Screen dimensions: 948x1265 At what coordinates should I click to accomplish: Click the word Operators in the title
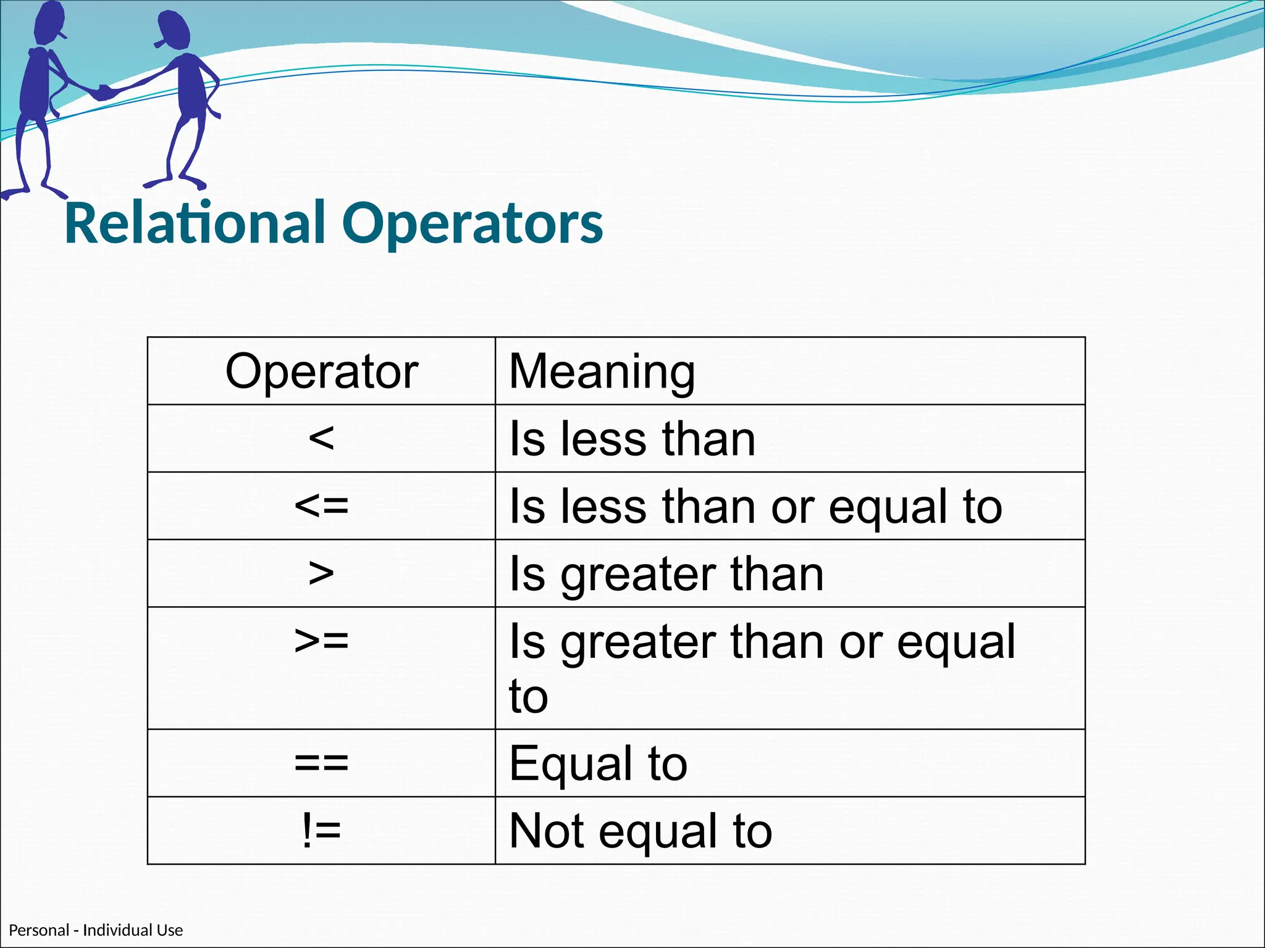(473, 223)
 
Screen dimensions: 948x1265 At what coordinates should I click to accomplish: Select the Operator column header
(321, 372)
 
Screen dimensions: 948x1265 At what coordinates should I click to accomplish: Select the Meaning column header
(602, 372)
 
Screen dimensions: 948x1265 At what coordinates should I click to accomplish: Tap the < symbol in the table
(321, 439)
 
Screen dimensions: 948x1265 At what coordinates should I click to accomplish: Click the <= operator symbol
(321, 506)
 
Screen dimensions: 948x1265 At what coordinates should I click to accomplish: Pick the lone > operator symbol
(321, 573)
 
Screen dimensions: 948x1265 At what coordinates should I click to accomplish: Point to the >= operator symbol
(321, 641)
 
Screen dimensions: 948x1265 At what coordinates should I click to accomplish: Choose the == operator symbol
(321, 763)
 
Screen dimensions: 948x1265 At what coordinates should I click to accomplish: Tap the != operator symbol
(321, 831)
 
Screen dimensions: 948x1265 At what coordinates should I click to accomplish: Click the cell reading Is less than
(632, 439)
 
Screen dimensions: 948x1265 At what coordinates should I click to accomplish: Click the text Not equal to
(641, 831)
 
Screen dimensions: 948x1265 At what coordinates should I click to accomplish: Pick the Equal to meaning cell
(598, 763)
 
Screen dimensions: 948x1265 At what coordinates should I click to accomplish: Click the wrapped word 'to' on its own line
(529, 696)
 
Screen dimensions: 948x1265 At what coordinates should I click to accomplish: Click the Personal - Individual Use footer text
(96, 930)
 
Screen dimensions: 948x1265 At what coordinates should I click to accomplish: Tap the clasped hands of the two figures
(104, 93)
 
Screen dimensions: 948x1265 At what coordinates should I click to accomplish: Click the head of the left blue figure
(49, 22)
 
